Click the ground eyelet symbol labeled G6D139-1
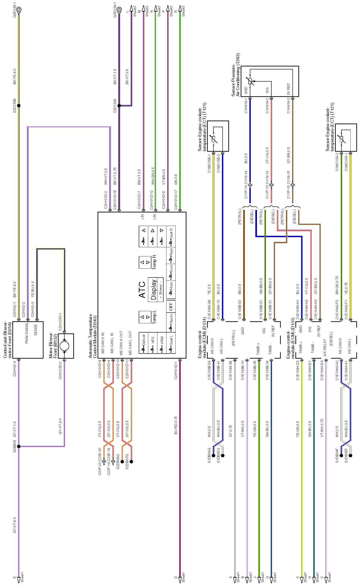coord(19,9)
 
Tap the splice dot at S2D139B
coord(19,105)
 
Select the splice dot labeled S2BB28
coord(19,446)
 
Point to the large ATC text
coord(142,290)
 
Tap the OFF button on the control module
coord(171,307)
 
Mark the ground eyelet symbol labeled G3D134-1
coord(119,10)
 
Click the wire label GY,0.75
coord(230,431)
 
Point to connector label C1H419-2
coord(267,106)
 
